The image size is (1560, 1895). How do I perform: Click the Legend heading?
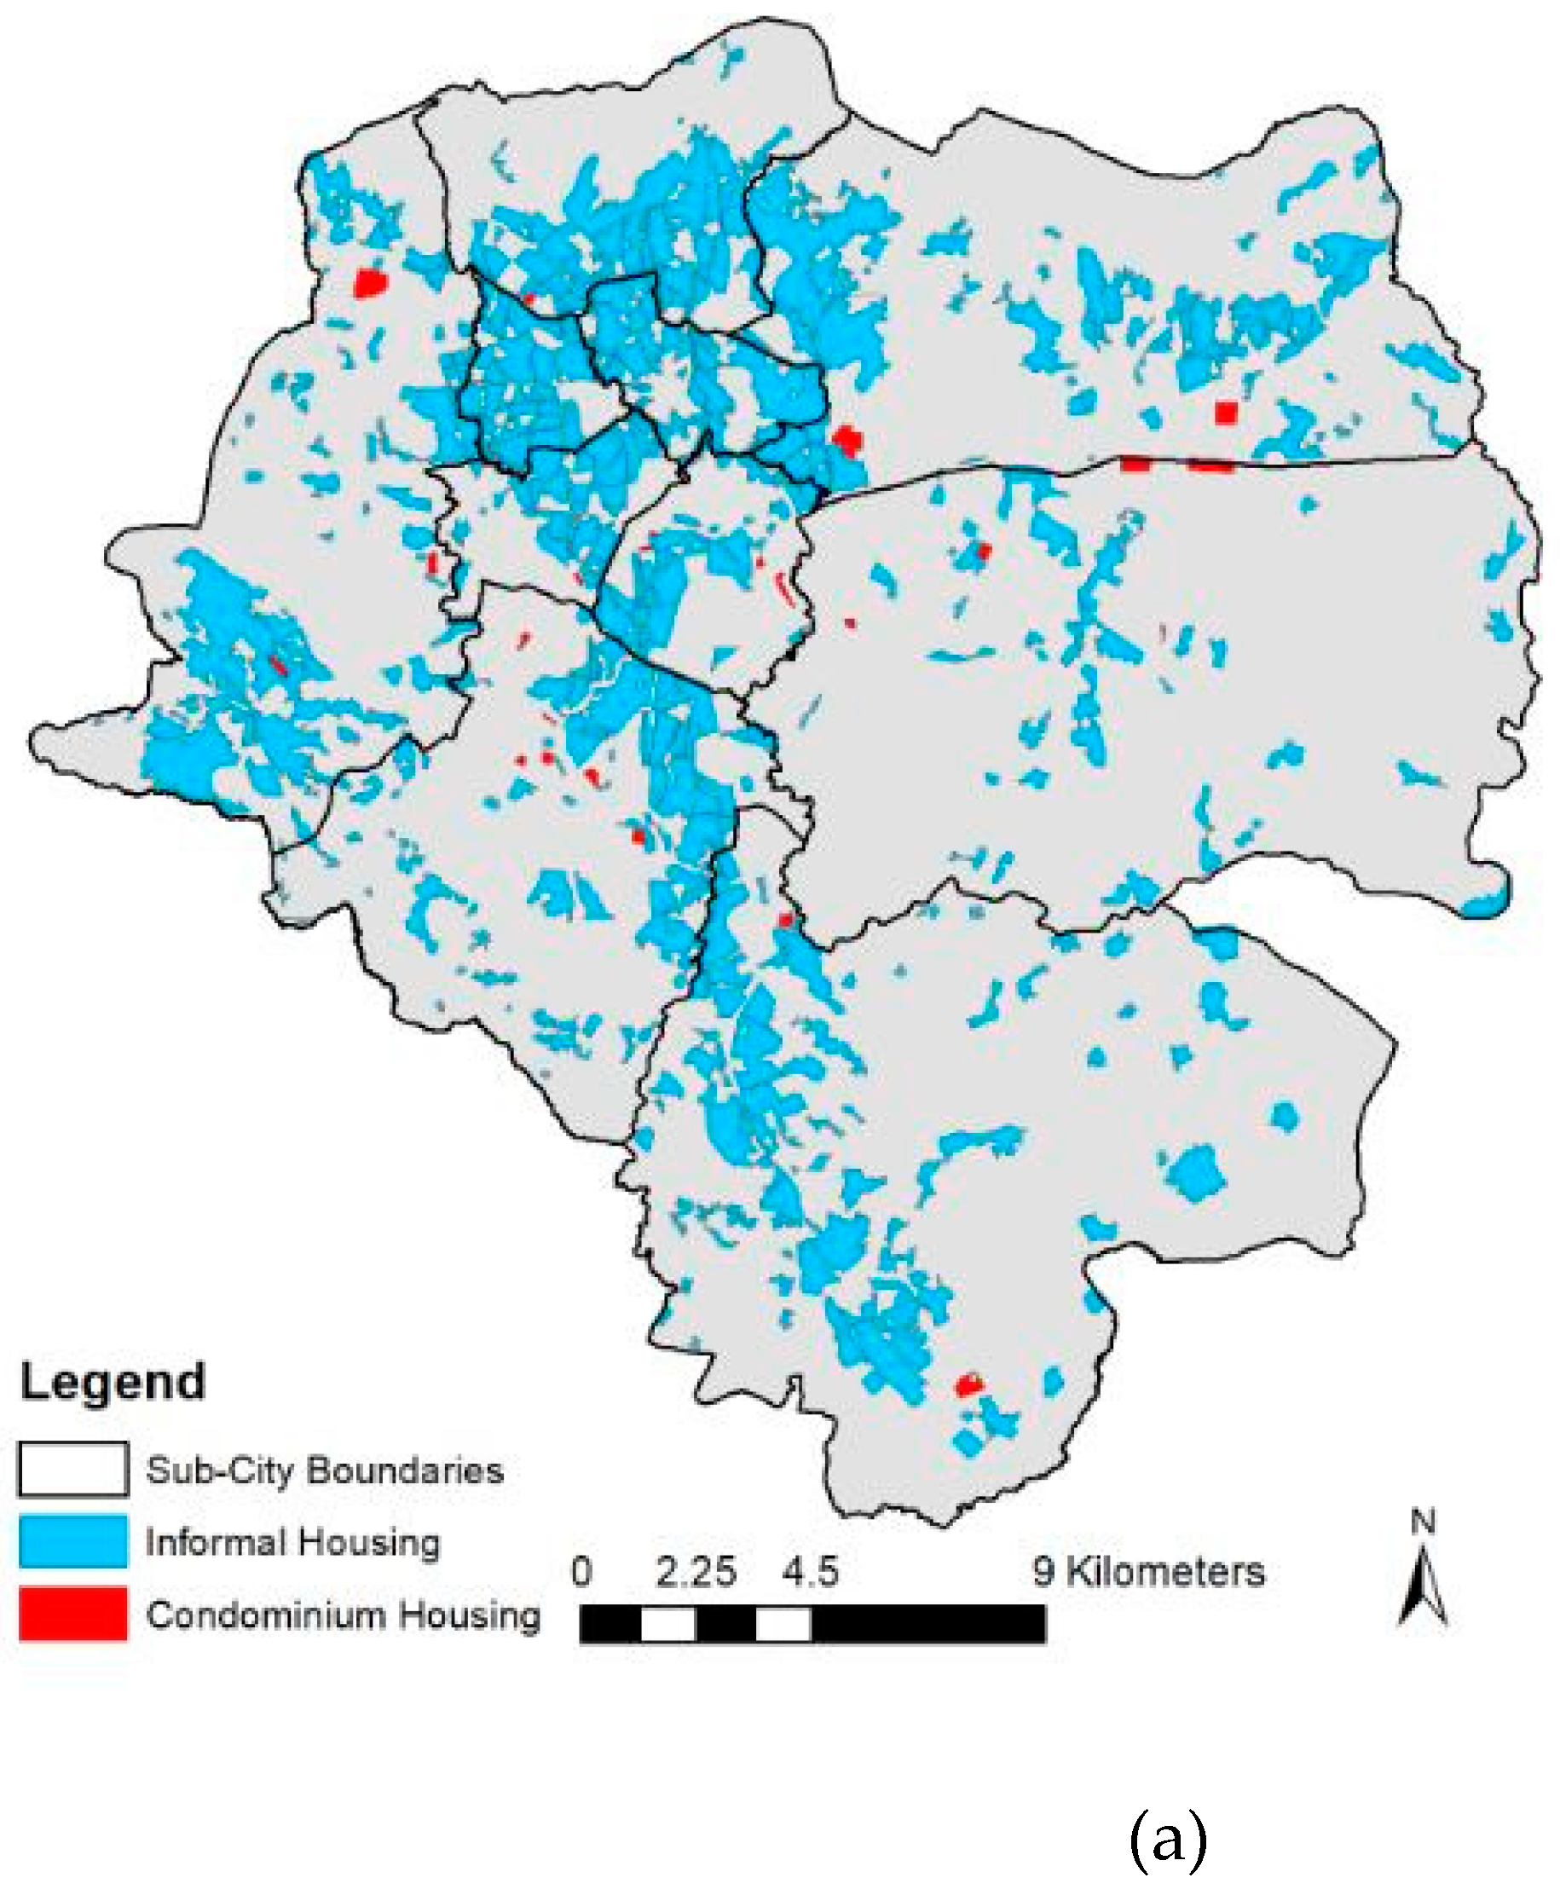(113, 1382)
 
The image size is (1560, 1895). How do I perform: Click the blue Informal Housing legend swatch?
(72, 1541)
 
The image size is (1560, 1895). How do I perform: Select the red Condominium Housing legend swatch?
(72, 1614)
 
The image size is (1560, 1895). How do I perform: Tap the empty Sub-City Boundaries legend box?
(72, 1469)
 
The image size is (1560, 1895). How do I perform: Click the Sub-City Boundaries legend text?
(325, 1470)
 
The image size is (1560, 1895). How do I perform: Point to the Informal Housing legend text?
(293, 1542)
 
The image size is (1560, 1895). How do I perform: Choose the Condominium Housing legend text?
(344, 1615)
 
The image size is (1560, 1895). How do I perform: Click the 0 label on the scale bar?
(582, 1572)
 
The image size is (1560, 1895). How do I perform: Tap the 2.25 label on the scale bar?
(696, 1573)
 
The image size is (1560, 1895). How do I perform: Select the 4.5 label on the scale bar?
(810, 1573)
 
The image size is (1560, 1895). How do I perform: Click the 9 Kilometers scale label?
(1148, 1572)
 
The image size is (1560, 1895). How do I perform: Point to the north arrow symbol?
(1423, 1591)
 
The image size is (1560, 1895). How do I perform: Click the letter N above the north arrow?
(1423, 1522)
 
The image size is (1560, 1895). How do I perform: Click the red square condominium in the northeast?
(1226, 413)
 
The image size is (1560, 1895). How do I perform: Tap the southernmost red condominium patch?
(968, 1384)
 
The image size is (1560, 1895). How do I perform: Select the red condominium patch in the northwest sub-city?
(369, 283)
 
